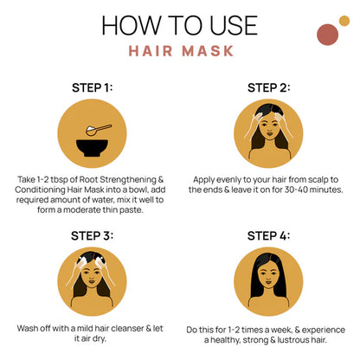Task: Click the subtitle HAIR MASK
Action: (181, 50)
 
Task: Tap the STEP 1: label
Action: (92, 87)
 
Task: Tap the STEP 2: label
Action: (268, 87)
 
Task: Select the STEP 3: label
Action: (92, 235)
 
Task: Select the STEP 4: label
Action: (268, 235)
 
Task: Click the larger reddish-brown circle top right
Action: (327, 35)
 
